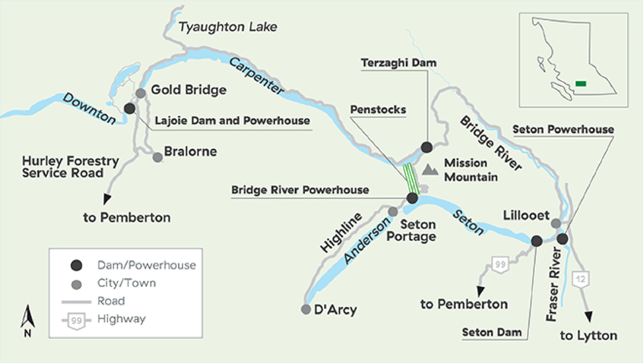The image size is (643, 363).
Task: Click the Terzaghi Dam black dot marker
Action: [426, 147]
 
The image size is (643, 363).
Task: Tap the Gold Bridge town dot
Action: [141, 93]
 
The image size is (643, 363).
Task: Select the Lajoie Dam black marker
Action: [130, 109]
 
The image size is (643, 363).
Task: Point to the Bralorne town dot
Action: [157, 157]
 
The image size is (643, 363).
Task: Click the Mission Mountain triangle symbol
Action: [430, 170]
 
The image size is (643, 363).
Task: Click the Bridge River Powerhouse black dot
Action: [412, 198]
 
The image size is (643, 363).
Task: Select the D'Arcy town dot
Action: [306, 309]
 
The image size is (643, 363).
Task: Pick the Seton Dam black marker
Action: [537, 241]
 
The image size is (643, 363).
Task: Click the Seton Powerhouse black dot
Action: [562, 238]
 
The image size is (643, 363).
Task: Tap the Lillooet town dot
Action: [556, 223]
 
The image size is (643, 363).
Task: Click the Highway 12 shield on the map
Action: [580, 279]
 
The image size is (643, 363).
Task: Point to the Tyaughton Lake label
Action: [228, 27]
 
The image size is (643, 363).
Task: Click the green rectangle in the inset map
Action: [581, 84]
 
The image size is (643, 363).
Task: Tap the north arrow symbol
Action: [28, 317]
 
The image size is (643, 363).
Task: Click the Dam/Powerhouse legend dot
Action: [76, 265]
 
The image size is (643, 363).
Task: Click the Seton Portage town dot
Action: [393, 212]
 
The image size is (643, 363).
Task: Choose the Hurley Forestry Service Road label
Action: [70, 167]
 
